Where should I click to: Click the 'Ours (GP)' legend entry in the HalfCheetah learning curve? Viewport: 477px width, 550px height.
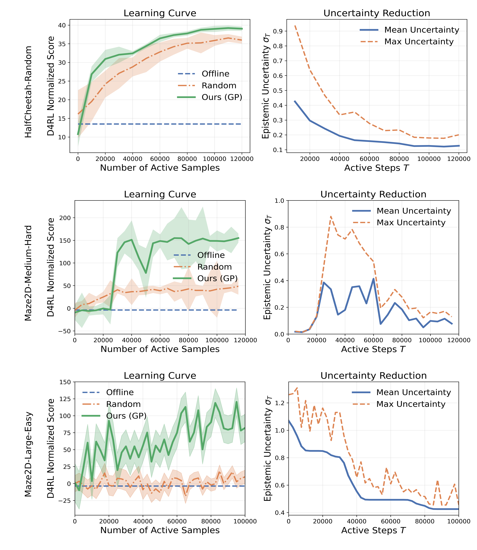click(222, 97)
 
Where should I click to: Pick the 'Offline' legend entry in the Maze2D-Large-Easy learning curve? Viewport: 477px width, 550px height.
click(120, 393)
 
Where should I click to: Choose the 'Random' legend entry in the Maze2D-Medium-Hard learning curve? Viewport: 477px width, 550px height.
click(214, 267)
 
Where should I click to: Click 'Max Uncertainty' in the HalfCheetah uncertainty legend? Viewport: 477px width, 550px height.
click(419, 42)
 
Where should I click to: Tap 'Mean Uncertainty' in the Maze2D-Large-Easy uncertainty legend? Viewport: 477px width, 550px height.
click(413, 393)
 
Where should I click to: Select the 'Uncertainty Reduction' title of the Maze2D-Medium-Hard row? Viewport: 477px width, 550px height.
click(373, 194)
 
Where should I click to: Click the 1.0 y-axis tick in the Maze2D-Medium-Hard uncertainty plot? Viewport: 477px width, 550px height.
click(280, 201)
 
